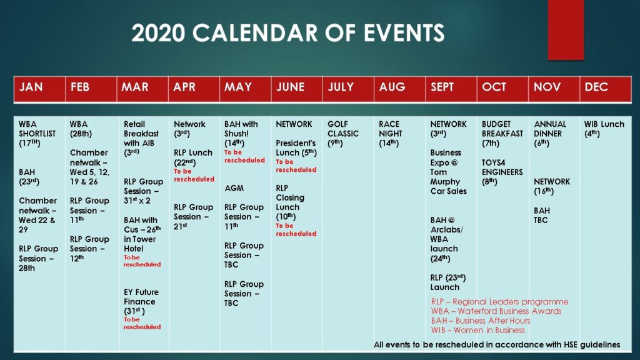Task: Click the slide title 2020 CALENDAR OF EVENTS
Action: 287,33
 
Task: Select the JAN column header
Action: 31,87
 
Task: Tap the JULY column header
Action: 341,87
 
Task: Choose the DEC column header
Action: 596,87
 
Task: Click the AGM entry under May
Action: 234,188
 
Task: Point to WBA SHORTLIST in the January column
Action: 37,134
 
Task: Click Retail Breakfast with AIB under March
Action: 141,134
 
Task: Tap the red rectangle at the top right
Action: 566,30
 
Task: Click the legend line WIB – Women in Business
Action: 478,330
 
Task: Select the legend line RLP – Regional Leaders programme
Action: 500,302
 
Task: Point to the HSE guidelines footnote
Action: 497,345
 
